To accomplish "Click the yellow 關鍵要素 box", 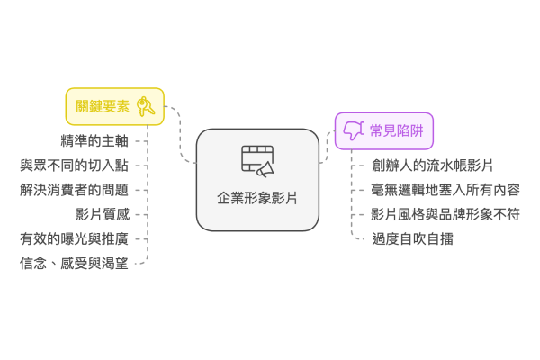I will click(x=114, y=106).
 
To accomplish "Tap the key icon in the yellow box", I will click(x=148, y=106).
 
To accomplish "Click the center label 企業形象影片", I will click(x=257, y=198).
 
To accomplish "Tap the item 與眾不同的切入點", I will click(x=74, y=166).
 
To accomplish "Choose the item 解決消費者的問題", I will click(x=74, y=190).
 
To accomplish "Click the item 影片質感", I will click(x=103, y=214).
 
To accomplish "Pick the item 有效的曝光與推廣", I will click(x=74, y=238).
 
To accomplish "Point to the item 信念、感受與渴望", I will click(x=74, y=263).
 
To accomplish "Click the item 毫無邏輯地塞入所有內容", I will click(x=445, y=190).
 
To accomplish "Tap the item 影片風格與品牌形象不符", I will click(x=445, y=214).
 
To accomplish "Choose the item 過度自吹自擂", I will click(x=412, y=238).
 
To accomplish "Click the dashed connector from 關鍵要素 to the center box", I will click(x=180, y=135).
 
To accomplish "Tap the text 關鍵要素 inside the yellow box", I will click(x=103, y=106).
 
